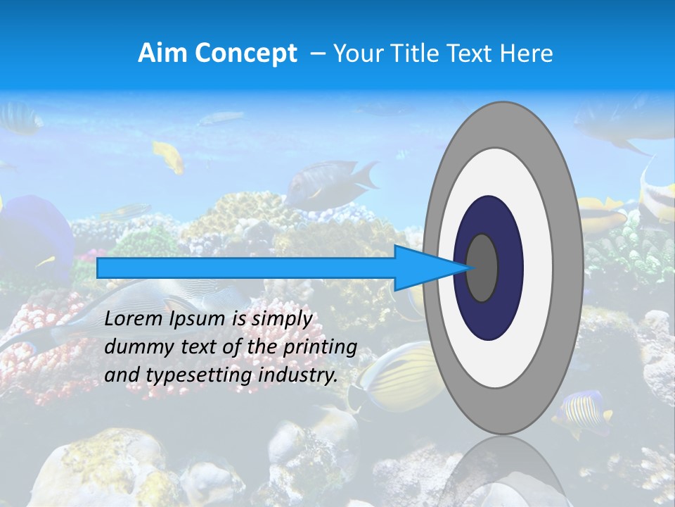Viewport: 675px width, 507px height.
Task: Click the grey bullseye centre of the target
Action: [x=482, y=268]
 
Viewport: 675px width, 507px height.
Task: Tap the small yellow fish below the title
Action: [x=169, y=156]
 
